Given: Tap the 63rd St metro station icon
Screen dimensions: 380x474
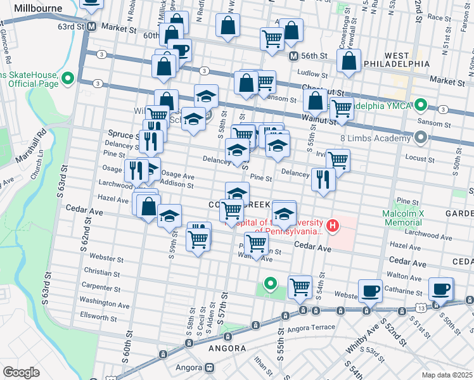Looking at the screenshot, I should (x=92, y=27).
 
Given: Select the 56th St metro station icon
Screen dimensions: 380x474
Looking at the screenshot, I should (x=293, y=56).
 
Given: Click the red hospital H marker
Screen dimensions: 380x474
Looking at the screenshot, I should (x=331, y=225).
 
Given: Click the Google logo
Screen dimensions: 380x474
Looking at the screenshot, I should (x=22, y=372).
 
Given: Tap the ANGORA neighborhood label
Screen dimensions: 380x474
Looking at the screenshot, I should (x=227, y=348).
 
